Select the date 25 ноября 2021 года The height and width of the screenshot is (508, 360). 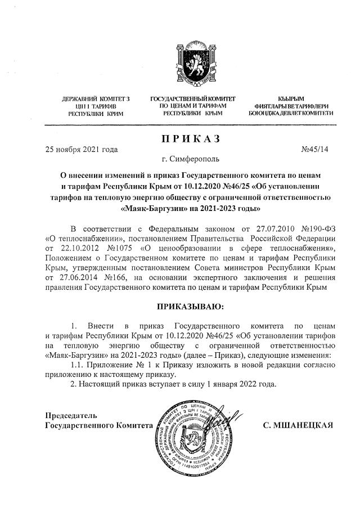pyautogui.click(x=81, y=150)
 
